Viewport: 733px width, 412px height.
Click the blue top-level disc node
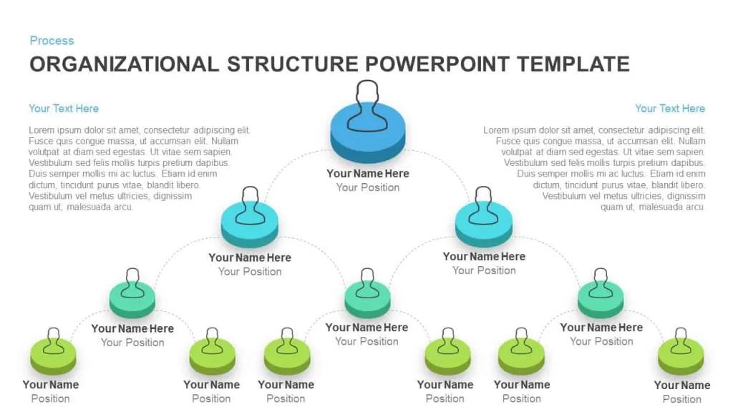(367, 133)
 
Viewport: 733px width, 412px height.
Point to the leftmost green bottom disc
(53, 357)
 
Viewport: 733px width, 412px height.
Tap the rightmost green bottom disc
(681, 357)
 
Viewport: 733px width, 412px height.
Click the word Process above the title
(52, 41)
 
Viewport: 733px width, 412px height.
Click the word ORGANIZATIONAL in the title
(125, 64)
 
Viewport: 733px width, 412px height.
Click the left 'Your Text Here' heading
(64, 109)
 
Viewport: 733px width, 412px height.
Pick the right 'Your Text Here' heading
(670, 109)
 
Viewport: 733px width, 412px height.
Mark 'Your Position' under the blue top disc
(368, 188)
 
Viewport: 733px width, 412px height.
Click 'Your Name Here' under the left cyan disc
(250, 257)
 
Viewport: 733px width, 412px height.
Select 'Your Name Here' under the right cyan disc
(484, 257)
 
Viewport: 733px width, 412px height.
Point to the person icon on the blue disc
(367, 106)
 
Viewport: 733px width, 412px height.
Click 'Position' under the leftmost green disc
(51, 398)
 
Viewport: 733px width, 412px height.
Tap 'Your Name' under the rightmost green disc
(682, 386)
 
